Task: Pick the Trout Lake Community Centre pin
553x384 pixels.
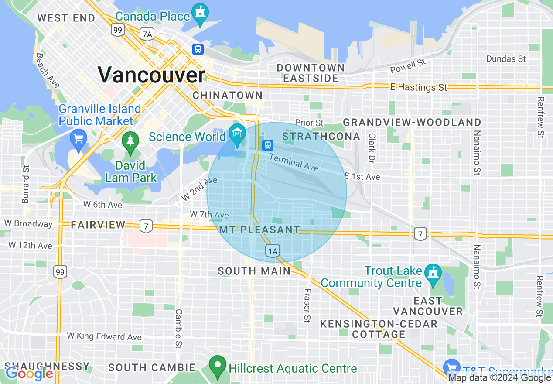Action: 433,274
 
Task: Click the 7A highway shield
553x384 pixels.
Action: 147,34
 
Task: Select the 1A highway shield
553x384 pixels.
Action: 273,251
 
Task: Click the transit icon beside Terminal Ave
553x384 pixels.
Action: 267,144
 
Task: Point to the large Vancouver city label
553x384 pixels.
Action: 151,75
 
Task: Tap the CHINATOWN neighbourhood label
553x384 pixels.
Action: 228,95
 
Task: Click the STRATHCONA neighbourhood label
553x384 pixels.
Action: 321,136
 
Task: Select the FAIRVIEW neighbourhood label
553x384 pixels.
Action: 98,225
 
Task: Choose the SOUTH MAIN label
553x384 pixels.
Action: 254,271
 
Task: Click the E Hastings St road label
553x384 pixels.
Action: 419,87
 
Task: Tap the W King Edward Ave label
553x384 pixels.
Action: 104,336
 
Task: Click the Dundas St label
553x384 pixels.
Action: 506,58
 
